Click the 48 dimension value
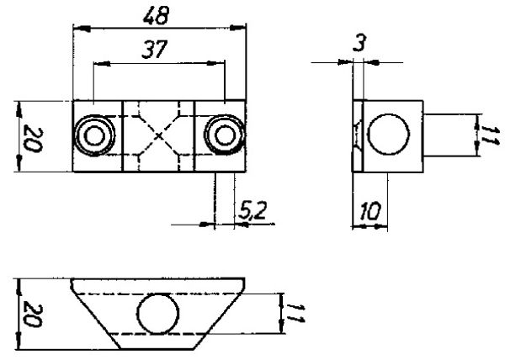[x=157, y=16]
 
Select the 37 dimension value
[x=155, y=50]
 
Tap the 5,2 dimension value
[x=253, y=211]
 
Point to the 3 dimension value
[x=359, y=43]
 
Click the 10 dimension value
[x=370, y=211]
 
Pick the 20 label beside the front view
[x=33, y=140]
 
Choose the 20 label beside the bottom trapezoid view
[x=33, y=314]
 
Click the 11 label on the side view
[x=490, y=135]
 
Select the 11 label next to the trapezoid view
[x=295, y=313]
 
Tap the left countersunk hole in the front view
[x=94, y=135]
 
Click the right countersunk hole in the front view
[x=225, y=135]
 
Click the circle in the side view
[x=388, y=135]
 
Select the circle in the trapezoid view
[x=158, y=313]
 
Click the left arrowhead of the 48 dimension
[x=82, y=29]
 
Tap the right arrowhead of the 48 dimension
[x=237, y=28]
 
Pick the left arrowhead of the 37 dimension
[x=102, y=64]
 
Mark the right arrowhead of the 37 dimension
[x=216, y=63]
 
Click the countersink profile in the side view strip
[x=358, y=135]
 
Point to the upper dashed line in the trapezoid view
[x=158, y=294]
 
